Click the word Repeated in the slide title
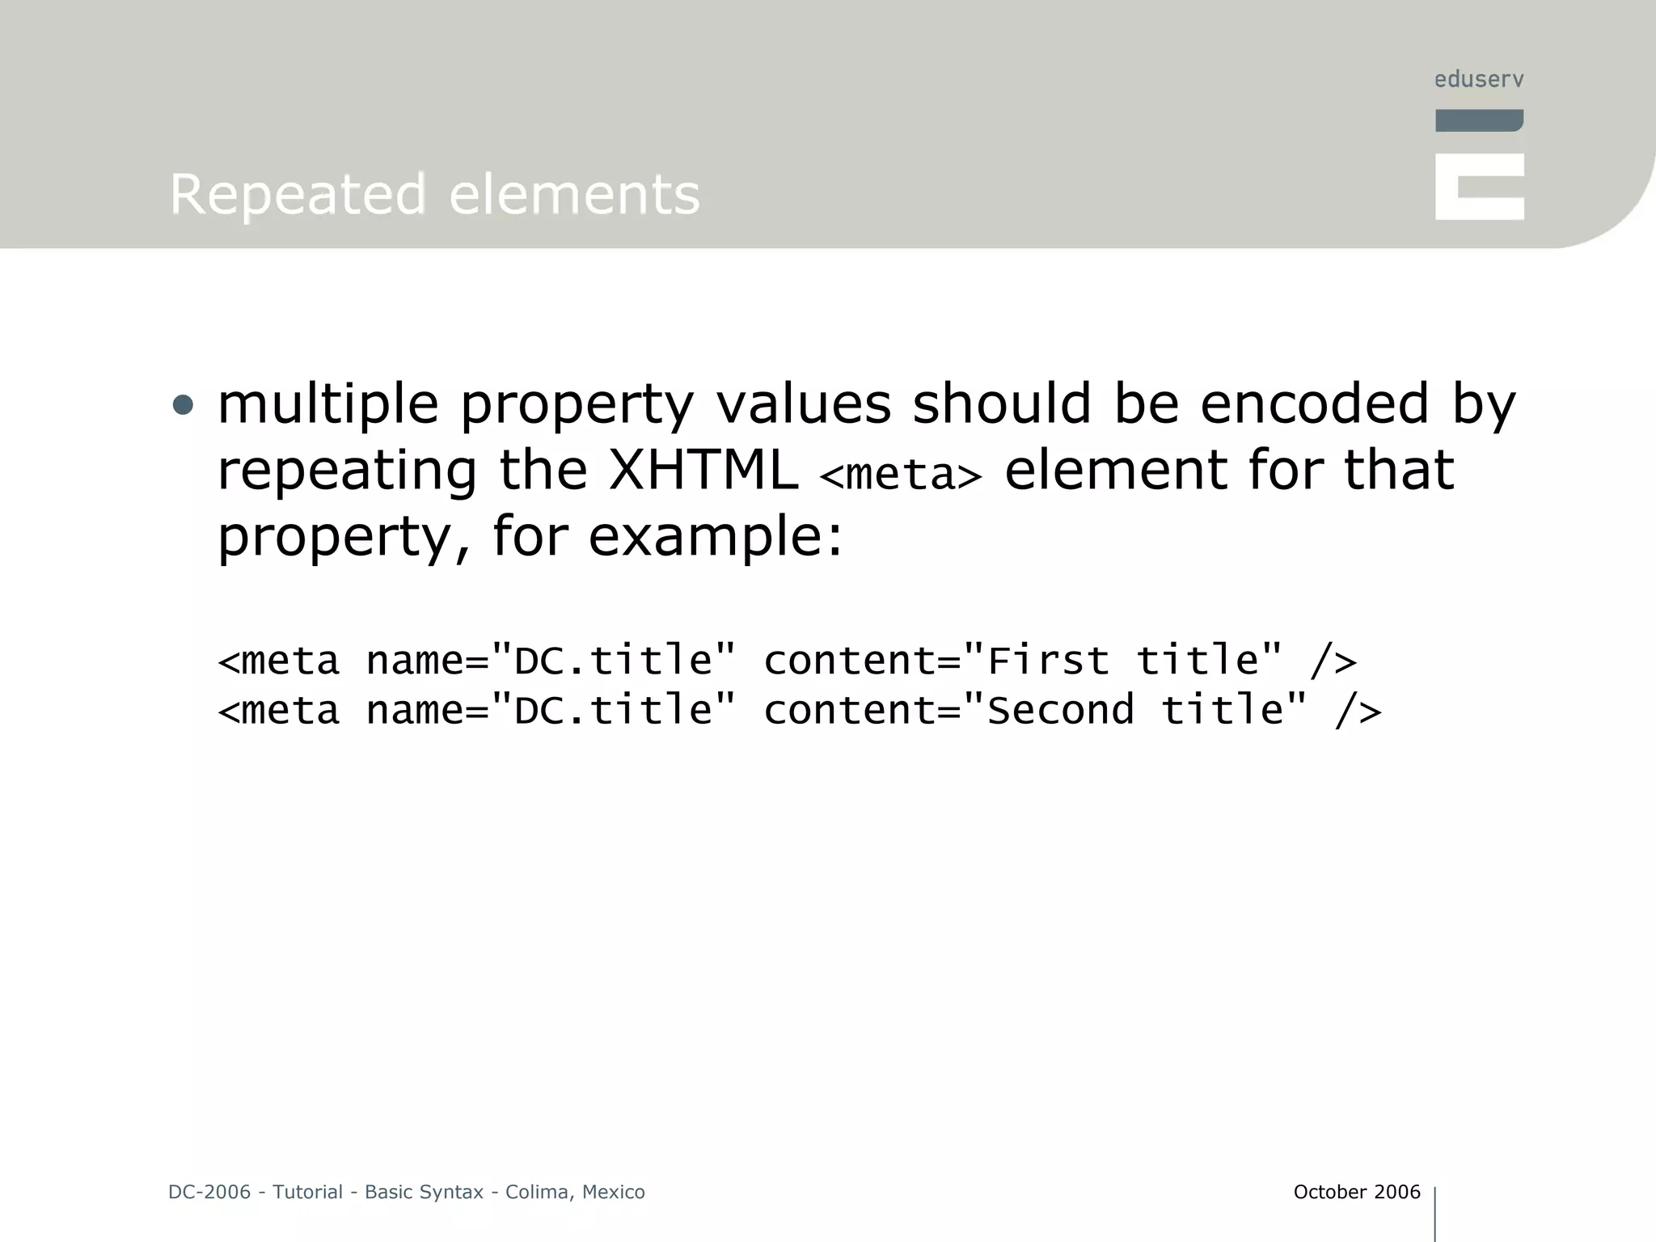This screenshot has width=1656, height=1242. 297,195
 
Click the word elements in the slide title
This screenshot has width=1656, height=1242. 574,195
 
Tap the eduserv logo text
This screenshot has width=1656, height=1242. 1479,79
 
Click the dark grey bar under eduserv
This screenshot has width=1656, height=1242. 1479,120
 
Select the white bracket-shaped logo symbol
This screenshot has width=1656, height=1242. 1479,187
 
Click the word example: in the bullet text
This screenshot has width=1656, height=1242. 716,536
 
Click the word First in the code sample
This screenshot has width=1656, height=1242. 1048,661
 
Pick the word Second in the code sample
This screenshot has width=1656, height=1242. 1060,710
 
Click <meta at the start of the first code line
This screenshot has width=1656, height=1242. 279,661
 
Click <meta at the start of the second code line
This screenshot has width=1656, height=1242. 279,710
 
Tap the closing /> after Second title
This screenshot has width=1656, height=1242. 1358,710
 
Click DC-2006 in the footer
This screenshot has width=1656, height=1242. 209,1192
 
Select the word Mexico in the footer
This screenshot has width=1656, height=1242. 614,1192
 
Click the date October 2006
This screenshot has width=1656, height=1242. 1356,1192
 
